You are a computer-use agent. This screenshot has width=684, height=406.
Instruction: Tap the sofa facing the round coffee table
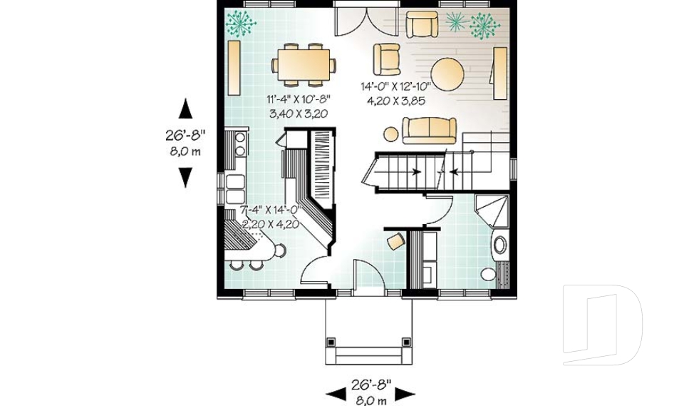pos(429,130)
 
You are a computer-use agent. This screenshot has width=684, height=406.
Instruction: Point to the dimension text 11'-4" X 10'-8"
pos(298,99)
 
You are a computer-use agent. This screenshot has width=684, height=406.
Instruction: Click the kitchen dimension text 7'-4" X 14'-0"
pos(271,210)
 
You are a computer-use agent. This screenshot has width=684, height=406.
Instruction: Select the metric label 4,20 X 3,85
pos(395,101)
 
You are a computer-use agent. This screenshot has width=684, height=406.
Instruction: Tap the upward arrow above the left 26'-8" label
pos(185,108)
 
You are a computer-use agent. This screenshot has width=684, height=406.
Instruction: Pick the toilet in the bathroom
pos(489,274)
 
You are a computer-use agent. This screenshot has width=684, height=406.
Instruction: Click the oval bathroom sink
pos(499,244)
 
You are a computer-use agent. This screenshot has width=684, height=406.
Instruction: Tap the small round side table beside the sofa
pos(390,133)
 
